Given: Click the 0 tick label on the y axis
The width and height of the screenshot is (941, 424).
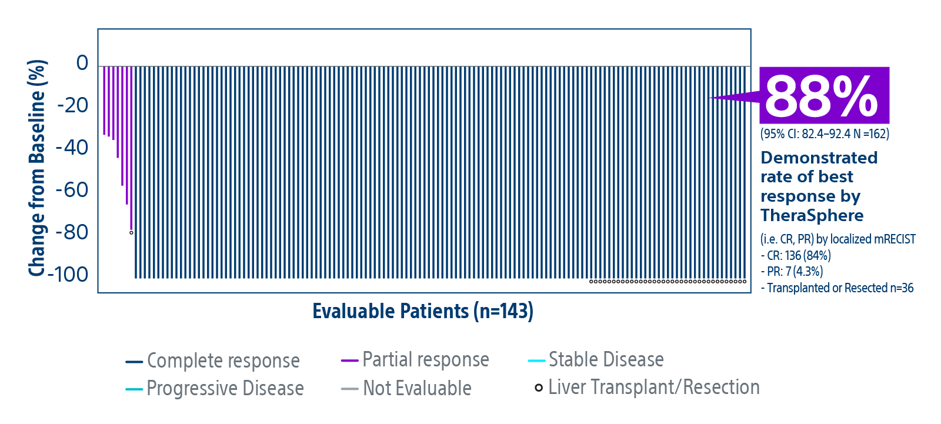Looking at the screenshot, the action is coord(82,63).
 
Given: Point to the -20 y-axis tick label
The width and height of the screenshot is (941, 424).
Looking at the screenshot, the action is coord(73,105).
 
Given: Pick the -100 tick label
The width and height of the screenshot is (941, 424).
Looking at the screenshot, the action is coord(68,275).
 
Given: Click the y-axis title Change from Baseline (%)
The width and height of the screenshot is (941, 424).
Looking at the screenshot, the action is coord(37,168).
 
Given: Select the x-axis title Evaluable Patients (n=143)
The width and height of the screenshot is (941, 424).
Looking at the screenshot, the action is coord(423,312).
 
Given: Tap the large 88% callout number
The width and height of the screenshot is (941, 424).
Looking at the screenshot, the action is coord(821,96).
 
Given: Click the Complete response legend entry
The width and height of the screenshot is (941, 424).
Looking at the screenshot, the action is coord(212,361).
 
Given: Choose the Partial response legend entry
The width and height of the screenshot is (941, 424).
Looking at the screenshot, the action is coord(415,360).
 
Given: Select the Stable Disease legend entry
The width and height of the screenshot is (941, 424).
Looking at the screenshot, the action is coord(596,360).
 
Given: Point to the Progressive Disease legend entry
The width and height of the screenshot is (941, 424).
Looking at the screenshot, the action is coord(214,388).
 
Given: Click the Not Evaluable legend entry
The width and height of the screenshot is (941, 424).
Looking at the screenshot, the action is coord(406,388).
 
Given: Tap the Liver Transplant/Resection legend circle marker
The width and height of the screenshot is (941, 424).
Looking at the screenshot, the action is coord(539,388).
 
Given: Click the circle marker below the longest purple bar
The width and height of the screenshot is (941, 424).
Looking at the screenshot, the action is coord(132,233).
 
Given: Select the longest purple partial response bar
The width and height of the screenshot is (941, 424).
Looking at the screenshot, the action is coord(132,148).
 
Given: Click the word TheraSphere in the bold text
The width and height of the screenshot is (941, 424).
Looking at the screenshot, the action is coord(812,216).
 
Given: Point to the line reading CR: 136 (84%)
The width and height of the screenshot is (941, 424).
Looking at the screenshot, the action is coord(796,255).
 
